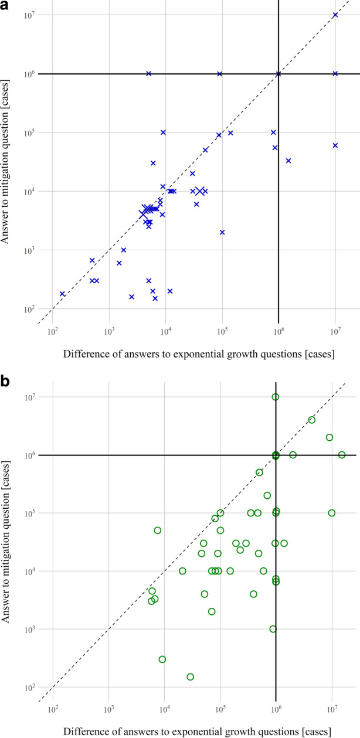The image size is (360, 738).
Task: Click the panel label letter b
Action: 5,382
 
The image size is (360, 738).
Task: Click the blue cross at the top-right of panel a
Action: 335,15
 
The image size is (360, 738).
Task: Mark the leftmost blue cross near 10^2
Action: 62,294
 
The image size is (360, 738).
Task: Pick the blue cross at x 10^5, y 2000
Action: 222,232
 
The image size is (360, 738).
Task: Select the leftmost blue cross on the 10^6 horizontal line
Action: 149,74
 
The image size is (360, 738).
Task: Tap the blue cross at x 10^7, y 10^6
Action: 335,74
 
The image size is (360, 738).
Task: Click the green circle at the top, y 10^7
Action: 276,397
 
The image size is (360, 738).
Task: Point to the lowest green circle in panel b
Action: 190,676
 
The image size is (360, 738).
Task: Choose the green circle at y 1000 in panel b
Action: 273,629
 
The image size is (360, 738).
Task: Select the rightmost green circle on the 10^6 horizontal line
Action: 342,455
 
